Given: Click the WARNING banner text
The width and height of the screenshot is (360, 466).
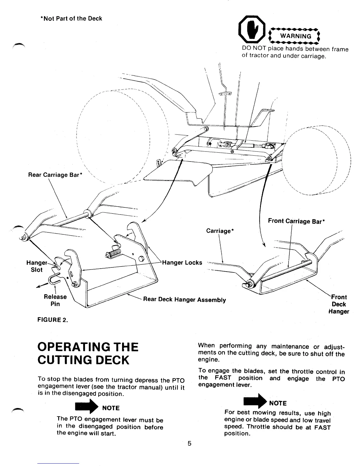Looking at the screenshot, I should (295, 36).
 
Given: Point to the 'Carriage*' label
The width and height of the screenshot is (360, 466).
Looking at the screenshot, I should (220, 231).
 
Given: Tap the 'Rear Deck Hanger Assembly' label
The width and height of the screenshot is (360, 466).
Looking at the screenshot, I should (184, 300).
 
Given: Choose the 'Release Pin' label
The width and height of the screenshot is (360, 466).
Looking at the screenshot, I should (55, 300).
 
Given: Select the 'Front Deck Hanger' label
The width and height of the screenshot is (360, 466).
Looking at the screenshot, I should (339, 304).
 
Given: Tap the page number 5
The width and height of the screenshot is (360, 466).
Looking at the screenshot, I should (189, 443).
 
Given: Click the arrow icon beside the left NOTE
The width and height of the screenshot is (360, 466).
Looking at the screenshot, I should (84, 408).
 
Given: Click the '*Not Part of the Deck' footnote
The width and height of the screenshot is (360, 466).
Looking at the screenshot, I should (71, 19).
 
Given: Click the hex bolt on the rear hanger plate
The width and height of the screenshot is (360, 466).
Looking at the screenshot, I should (141, 259).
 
